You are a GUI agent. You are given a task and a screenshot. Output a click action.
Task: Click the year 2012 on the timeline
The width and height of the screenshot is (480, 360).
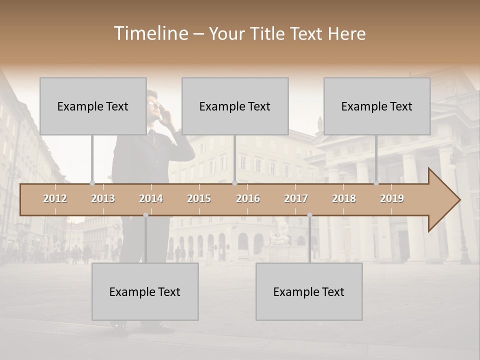[x=55, y=198]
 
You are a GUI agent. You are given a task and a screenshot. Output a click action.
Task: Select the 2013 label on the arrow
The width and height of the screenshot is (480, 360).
[x=103, y=198]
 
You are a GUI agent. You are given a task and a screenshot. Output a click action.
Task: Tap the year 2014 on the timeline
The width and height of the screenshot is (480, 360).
[x=151, y=198]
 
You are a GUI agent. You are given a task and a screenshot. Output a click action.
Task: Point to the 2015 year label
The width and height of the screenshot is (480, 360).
[x=199, y=198]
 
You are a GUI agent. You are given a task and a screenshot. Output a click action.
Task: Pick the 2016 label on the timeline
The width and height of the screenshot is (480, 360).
[x=248, y=198]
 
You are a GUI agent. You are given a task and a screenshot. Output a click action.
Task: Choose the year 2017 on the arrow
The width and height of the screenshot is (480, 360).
[x=296, y=198]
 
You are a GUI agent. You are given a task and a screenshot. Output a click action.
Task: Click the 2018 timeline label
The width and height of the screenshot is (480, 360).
[x=344, y=198]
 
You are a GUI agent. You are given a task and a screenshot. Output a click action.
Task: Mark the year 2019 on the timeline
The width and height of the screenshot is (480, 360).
[x=392, y=198]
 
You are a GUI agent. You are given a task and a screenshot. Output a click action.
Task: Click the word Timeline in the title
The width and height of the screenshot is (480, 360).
[x=150, y=33]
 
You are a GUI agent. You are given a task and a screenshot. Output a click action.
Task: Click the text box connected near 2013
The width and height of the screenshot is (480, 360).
[x=93, y=106]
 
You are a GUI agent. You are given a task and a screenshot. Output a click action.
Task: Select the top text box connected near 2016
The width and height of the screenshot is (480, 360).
[x=235, y=106]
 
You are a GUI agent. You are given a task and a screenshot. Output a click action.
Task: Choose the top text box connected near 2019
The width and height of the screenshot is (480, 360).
[x=377, y=106]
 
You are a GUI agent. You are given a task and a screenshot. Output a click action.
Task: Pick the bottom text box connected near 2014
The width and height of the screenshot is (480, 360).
[x=145, y=291]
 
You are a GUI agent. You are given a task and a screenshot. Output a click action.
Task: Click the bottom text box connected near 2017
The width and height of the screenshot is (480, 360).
[x=309, y=291]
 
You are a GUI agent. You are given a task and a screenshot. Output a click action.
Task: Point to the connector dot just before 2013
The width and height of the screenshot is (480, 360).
[x=92, y=183]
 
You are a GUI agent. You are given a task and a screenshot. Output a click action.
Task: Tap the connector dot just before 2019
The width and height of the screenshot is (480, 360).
[x=376, y=183]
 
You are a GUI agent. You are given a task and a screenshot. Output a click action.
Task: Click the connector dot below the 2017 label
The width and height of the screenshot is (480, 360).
[x=309, y=215]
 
